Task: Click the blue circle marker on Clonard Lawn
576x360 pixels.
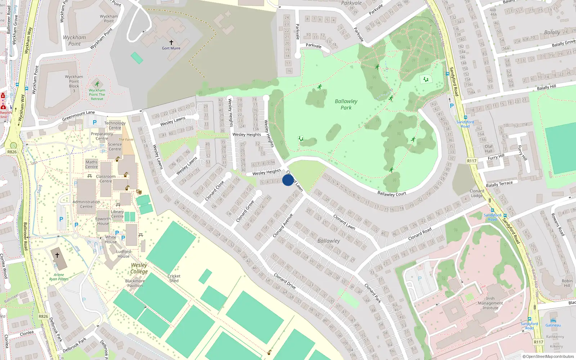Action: point(288,180)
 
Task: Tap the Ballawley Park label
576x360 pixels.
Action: point(346,104)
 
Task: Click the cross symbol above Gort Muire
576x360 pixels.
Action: point(171,42)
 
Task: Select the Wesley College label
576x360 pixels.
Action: point(139,268)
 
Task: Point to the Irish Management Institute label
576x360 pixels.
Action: point(490,303)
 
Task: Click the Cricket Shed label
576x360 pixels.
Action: point(174,278)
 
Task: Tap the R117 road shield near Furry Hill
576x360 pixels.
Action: point(472,161)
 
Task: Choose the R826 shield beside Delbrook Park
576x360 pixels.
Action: point(43,316)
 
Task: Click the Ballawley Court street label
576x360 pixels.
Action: point(392,194)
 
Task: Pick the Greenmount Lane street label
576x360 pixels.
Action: point(78,116)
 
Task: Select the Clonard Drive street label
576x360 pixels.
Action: point(285,281)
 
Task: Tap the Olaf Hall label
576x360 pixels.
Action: point(489,149)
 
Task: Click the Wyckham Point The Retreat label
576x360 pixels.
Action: point(97,95)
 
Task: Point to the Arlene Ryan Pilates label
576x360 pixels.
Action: point(59,277)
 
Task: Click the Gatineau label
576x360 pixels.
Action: point(553,325)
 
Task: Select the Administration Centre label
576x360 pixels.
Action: point(86,204)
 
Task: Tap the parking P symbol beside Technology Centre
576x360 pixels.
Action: point(95,122)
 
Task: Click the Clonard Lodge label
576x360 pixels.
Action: point(477,193)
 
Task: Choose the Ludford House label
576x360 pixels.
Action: point(123,254)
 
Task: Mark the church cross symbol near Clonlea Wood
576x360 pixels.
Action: point(57,255)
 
